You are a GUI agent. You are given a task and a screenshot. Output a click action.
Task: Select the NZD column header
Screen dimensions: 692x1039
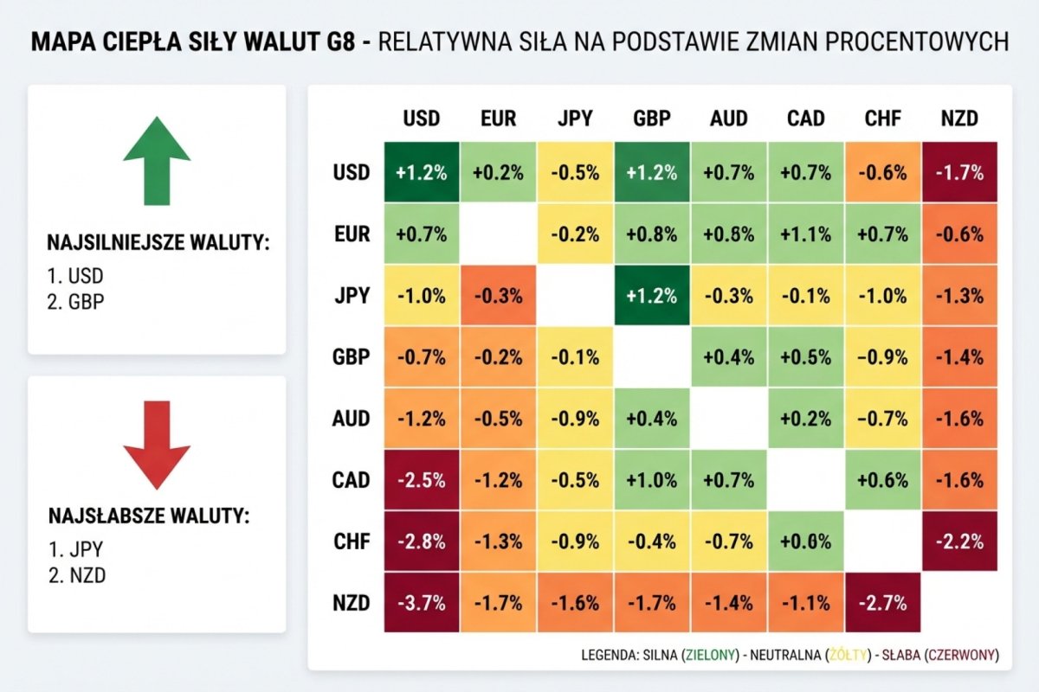(x=959, y=119)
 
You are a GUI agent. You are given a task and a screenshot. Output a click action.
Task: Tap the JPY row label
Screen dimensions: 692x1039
(x=351, y=296)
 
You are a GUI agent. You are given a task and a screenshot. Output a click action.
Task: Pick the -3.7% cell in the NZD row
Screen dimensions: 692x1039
(x=421, y=604)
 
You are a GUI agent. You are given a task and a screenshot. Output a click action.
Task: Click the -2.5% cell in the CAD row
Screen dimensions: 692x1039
(x=421, y=480)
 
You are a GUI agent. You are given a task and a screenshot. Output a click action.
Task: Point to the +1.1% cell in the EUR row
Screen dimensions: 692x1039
(x=805, y=234)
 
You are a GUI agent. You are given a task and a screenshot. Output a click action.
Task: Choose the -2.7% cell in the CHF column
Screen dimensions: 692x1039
(x=883, y=604)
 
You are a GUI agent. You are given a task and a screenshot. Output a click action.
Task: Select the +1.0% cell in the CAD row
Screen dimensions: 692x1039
(x=652, y=480)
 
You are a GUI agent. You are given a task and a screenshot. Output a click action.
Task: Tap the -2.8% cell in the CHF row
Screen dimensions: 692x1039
(x=421, y=542)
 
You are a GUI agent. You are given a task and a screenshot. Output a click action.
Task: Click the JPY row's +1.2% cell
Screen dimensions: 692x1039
(x=652, y=296)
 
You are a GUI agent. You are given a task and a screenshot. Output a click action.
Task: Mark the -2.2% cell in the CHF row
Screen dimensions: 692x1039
(x=959, y=542)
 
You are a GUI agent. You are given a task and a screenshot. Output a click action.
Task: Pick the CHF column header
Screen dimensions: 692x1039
(x=883, y=119)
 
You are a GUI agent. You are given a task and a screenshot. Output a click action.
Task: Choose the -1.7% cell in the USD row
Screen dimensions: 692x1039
(x=959, y=172)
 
